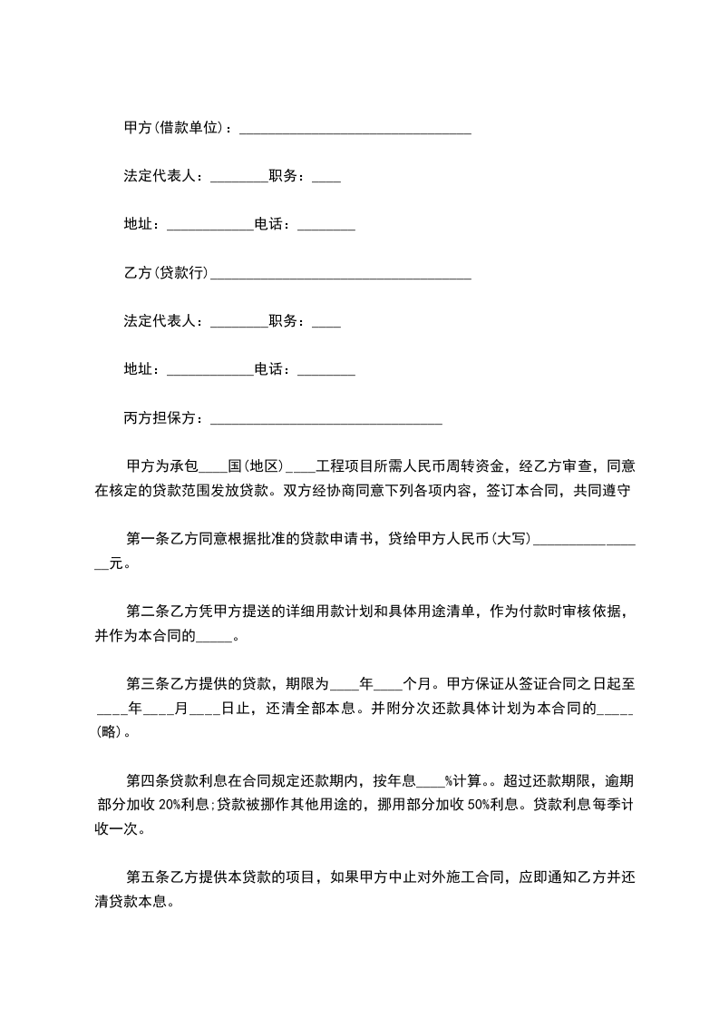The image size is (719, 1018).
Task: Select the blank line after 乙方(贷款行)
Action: [340, 276]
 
